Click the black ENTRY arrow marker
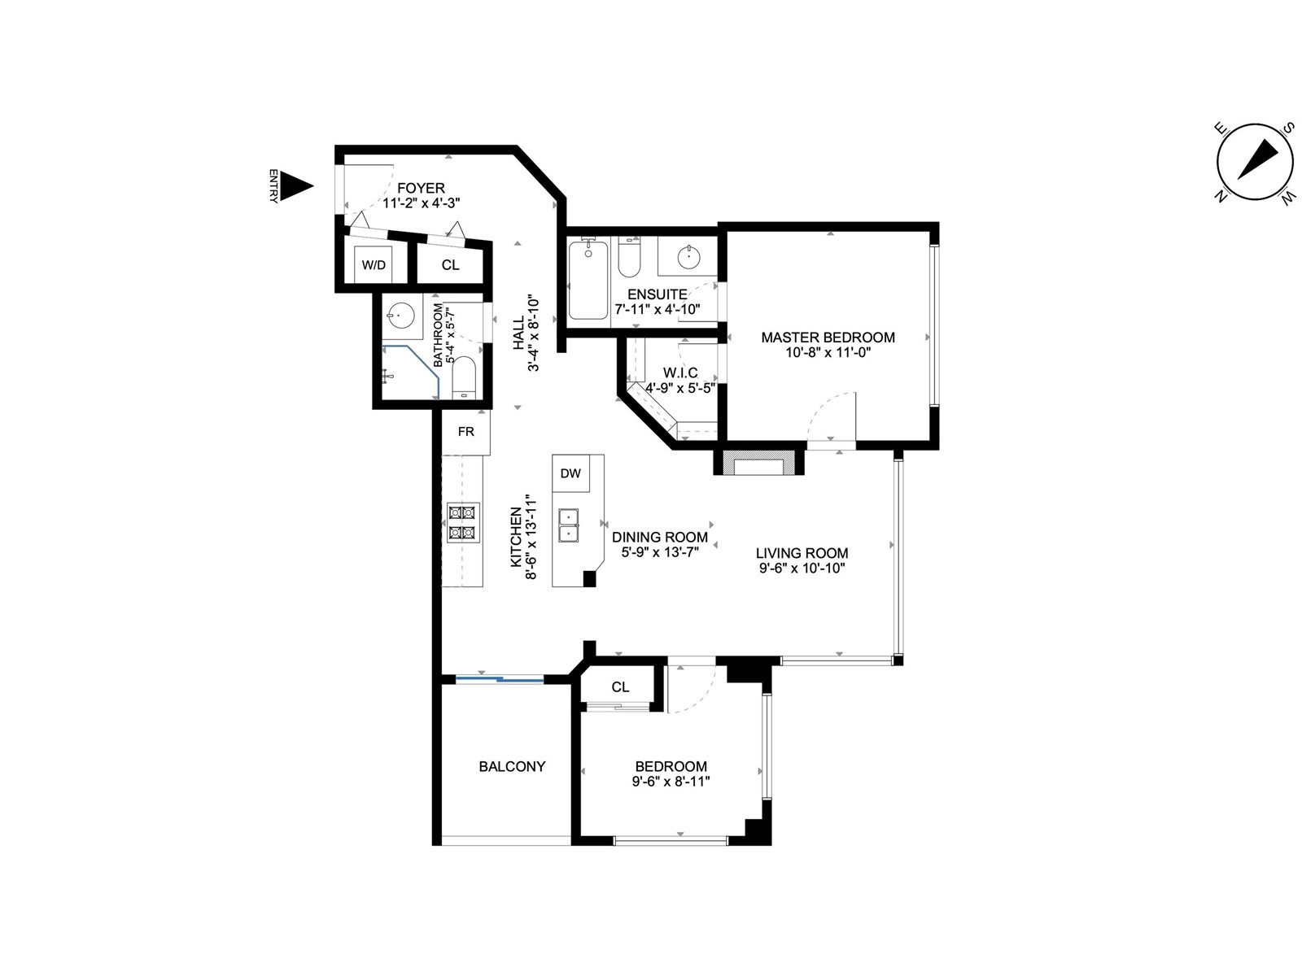pyautogui.click(x=295, y=186)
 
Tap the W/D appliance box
pyautogui.click(x=373, y=264)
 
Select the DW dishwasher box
pyautogui.click(x=570, y=473)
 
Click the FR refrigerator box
pyautogui.click(x=465, y=432)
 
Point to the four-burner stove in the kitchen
pyautogui.click(x=463, y=522)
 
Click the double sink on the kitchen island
pyautogui.click(x=568, y=525)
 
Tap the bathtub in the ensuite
pyautogui.click(x=588, y=280)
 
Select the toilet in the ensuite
pyautogui.click(x=629, y=256)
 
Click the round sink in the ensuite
pyautogui.click(x=688, y=257)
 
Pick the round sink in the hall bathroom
pyautogui.click(x=398, y=315)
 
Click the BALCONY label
pyautogui.click(x=512, y=766)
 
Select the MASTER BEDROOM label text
pyautogui.click(x=828, y=338)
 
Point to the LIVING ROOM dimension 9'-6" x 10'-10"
pyautogui.click(x=802, y=569)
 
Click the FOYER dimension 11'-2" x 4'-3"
pyautogui.click(x=422, y=203)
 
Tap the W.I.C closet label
pyautogui.click(x=680, y=373)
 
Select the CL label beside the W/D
pyautogui.click(x=450, y=265)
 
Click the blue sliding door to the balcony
pyautogui.click(x=499, y=678)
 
